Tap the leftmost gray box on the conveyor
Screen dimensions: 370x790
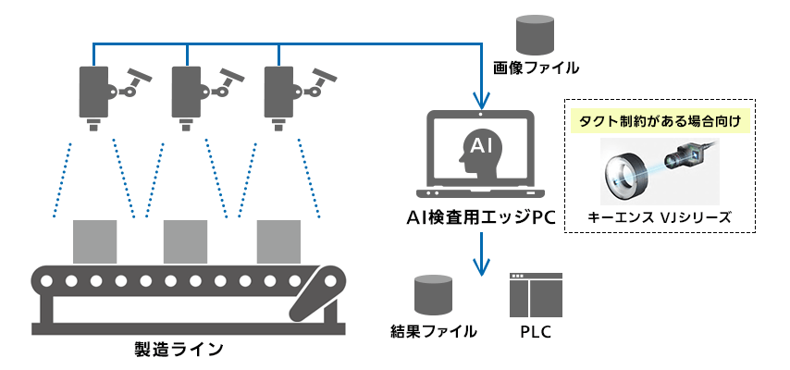[x=94, y=241]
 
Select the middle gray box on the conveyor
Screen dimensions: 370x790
[x=185, y=241]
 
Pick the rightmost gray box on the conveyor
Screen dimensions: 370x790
[x=278, y=241]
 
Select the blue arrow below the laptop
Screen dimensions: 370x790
[x=480, y=254]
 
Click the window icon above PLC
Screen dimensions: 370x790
[x=536, y=293]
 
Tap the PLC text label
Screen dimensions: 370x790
[x=536, y=330]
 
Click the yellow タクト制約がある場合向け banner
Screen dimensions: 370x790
[x=660, y=121]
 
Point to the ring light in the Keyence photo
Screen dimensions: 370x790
[x=626, y=173]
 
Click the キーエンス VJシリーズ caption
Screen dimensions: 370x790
[x=660, y=218]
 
